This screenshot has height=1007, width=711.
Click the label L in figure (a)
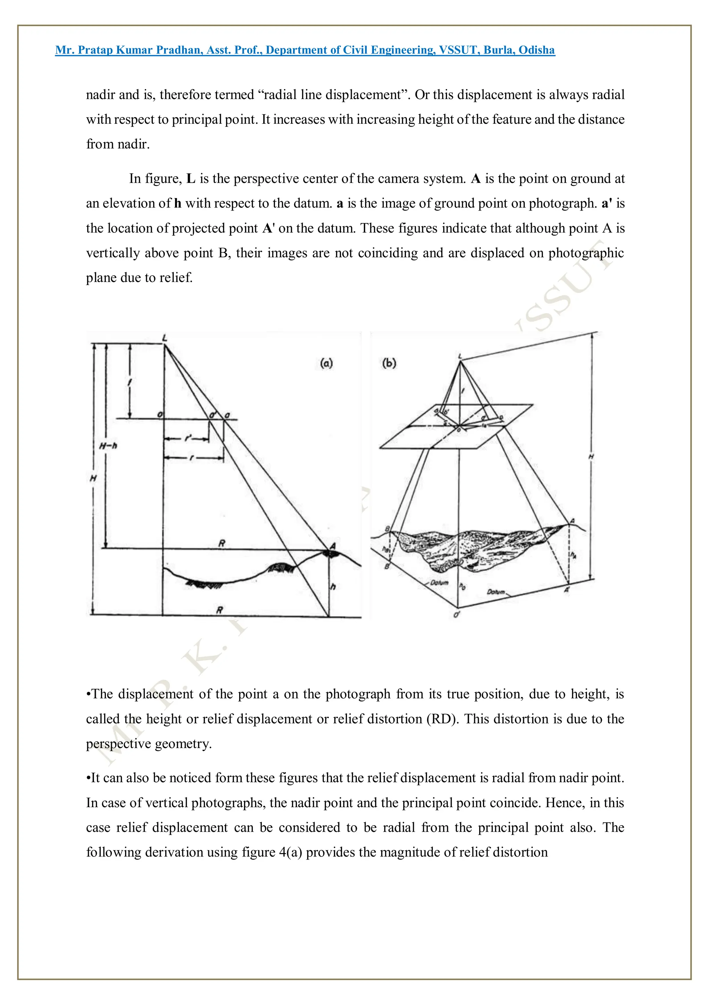[x=165, y=338]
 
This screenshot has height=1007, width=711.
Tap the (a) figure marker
[x=326, y=363]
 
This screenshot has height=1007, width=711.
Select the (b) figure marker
[x=389, y=363]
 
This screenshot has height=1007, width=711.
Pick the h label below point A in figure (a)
[x=333, y=587]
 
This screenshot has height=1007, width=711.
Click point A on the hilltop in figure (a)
[x=333, y=546]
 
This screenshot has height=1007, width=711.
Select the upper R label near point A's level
[x=222, y=543]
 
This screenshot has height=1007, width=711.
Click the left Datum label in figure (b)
[x=440, y=583]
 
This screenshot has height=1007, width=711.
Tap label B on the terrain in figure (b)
[x=387, y=529]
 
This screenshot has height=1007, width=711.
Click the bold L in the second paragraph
[x=191, y=179]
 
